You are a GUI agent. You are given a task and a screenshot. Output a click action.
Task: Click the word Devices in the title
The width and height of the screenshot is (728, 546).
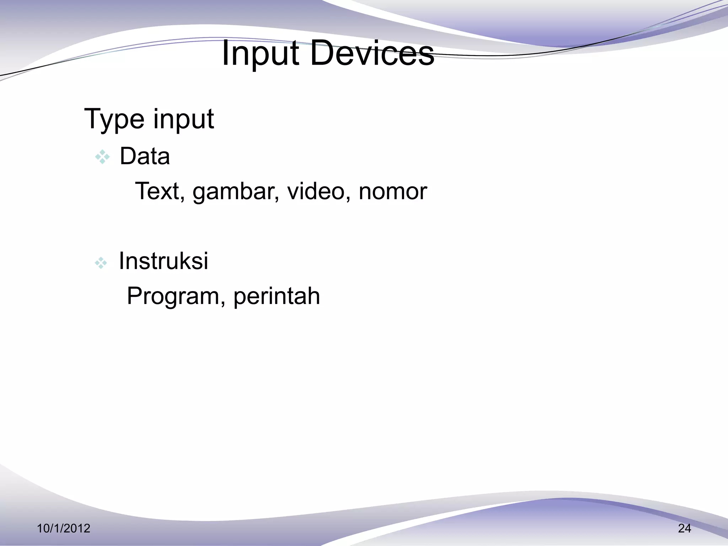372,54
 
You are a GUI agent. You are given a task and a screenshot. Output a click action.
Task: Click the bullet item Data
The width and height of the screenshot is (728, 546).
145,156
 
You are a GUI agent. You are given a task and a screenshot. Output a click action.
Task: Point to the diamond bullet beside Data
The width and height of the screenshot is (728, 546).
102,157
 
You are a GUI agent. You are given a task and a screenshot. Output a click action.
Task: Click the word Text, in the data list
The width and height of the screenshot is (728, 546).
160,192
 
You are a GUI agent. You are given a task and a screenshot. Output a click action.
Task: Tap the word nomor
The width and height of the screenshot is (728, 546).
392,192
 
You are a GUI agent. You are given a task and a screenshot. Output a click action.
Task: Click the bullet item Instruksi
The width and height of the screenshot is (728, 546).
163,261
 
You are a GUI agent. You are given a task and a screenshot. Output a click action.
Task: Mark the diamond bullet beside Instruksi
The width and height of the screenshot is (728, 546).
101,263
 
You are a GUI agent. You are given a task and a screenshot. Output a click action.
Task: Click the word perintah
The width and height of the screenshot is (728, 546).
277,296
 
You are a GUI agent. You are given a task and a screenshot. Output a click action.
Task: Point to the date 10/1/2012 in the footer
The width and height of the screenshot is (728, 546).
64,529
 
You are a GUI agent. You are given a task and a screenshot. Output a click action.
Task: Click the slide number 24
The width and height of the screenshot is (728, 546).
684,529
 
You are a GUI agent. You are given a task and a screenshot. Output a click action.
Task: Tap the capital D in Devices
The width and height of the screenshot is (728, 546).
322,54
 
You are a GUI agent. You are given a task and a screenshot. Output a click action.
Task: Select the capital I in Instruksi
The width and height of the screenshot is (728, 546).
122,261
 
